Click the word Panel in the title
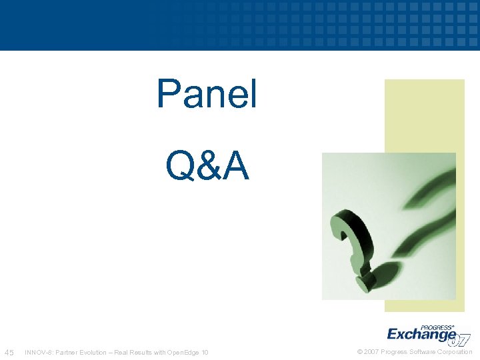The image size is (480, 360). point(207,94)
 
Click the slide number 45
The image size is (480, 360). point(9,352)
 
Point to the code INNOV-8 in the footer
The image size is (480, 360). point(37,352)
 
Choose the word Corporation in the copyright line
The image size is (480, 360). point(456,352)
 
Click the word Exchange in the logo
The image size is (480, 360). point(421,334)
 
